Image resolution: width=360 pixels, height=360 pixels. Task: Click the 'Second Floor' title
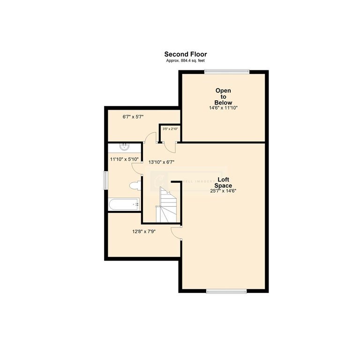point(185,54)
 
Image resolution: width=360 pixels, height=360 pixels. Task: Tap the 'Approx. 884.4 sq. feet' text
point(185,61)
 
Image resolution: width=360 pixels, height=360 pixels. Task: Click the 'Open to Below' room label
point(223,96)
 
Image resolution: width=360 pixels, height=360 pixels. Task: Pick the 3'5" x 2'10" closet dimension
point(169,129)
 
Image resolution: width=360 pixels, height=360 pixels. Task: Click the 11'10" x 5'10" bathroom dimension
point(124,159)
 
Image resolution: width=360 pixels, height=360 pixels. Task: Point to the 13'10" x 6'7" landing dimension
point(161,162)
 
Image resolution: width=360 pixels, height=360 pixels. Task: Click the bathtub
point(124,204)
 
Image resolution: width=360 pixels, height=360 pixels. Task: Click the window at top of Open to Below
point(226,71)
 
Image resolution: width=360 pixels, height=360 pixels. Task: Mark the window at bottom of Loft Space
point(226,291)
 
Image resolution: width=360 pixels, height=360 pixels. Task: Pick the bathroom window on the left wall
point(106,181)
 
